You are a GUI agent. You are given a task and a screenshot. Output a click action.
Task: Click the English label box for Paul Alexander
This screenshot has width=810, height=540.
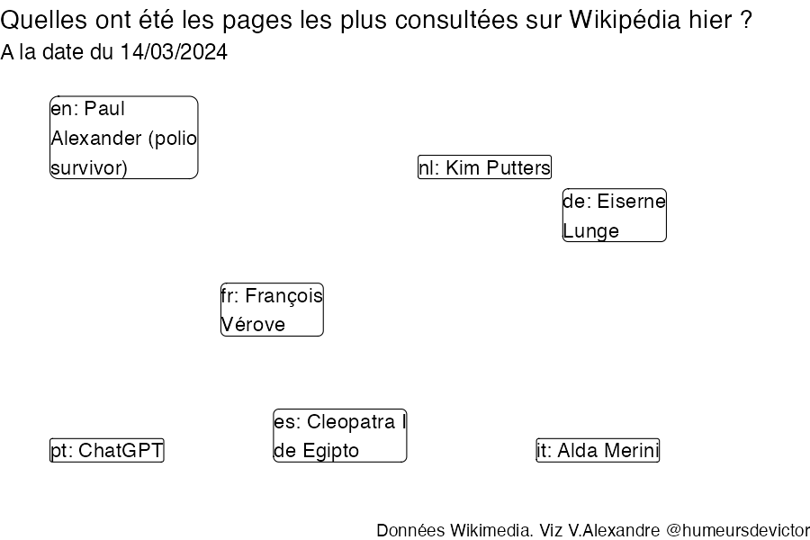click(x=124, y=138)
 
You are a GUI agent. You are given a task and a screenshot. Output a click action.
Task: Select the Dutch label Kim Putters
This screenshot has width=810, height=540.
click(x=484, y=166)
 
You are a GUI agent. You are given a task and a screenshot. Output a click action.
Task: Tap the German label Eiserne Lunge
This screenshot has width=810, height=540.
click(x=614, y=215)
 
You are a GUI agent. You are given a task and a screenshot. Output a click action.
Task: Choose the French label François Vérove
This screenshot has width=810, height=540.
click(x=272, y=310)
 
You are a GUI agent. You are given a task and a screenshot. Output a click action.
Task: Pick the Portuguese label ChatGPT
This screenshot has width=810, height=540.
click(x=107, y=450)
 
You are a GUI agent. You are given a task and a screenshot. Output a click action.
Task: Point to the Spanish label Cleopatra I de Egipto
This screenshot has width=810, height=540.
click(x=340, y=436)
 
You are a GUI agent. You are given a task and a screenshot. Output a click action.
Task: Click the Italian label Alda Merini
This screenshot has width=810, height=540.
click(x=598, y=450)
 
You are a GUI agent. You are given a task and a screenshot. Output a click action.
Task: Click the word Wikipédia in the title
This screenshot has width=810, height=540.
click(x=625, y=20)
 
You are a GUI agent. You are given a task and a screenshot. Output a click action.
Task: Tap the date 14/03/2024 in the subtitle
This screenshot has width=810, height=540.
click(x=174, y=51)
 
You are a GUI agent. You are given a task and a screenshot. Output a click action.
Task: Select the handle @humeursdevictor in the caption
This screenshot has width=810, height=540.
click(x=738, y=530)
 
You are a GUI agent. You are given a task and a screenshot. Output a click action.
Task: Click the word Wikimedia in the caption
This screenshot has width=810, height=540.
click(x=491, y=530)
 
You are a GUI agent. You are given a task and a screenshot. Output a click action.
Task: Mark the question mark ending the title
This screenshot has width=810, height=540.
click(x=745, y=20)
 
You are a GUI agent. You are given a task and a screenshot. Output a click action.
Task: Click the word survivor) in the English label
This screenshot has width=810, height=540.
click(x=89, y=168)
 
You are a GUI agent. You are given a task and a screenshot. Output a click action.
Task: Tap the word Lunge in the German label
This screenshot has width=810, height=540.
click(x=591, y=231)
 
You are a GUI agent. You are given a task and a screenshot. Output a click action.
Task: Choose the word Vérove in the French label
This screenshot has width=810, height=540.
click(x=253, y=325)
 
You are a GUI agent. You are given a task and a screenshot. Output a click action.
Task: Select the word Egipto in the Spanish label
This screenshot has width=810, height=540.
click(x=330, y=451)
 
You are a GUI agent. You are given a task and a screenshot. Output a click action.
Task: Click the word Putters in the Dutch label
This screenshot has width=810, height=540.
click(x=518, y=168)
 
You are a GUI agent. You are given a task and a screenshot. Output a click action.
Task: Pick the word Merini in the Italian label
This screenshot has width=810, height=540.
click(x=631, y=451)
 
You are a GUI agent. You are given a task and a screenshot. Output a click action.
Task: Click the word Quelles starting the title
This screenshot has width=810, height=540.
click(x=44, y=20)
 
